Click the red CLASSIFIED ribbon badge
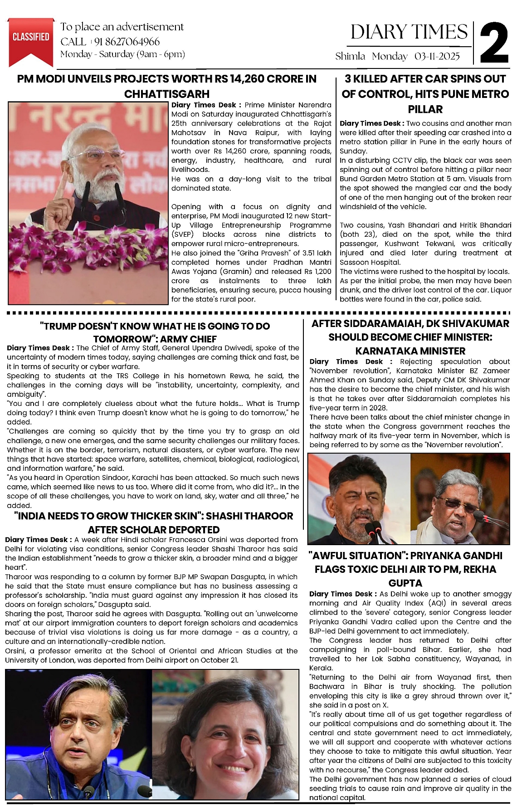click(31, 39)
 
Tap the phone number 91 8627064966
click(127, 42)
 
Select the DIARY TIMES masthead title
click(409, 32)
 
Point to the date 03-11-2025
click(437, 56)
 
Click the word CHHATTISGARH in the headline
click(167, 94)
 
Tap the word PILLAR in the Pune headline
click(425, 109)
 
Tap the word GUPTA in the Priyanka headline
click(405, 583)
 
